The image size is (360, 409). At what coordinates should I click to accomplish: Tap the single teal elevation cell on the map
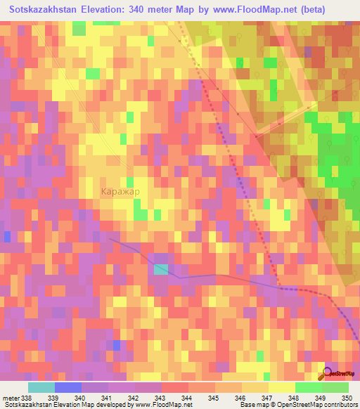[162, 269]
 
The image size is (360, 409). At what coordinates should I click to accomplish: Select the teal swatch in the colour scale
[41, 388]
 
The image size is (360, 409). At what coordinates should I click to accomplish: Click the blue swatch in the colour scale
[68, 388]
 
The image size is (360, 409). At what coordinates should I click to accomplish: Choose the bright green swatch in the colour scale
[309, 388]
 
